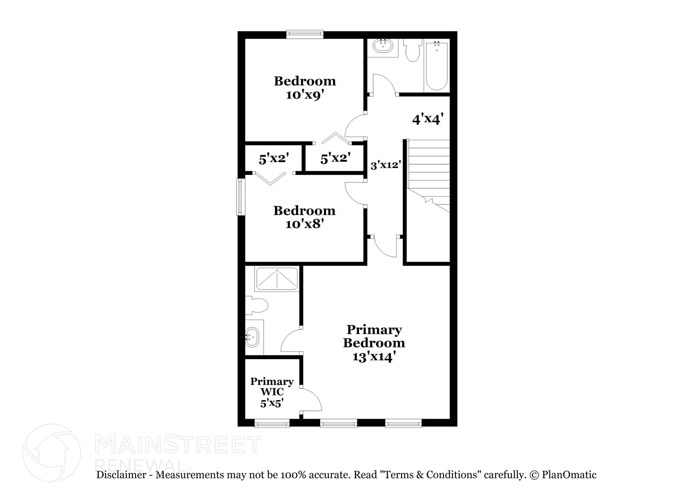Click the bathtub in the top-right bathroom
[x=437, y=66]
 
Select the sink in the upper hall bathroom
[x=383, y=46]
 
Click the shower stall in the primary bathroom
[x=276, y=279]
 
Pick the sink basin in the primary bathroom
[x=251, y=337]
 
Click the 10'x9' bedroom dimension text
[x=303, y=95]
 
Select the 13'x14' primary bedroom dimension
[x=374, y=357]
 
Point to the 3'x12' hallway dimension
[x=386, y=166]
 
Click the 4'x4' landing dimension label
[x=428, y=119]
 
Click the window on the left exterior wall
[x=241, y=197]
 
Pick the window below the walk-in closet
[x=272, y=423]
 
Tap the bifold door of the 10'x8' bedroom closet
[x=270, y=178]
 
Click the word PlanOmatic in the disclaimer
[x=569, y=475]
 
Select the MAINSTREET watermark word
[x=178, y=445]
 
